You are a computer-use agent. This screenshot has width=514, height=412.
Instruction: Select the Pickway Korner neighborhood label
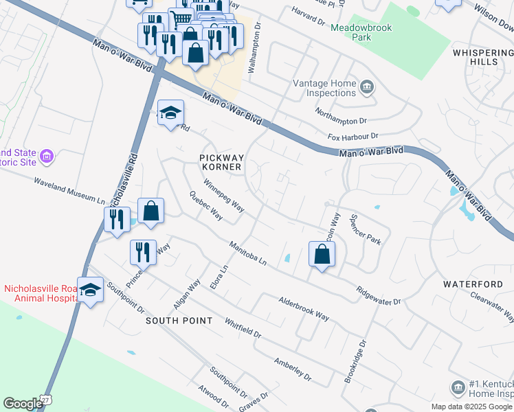[x=221, y=162]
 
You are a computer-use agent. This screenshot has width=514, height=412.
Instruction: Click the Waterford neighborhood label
[x=473, y=284]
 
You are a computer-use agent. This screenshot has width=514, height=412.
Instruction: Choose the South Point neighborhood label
[x=172, y=321]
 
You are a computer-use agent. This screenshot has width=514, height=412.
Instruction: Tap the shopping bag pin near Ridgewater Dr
[x=322, y=255]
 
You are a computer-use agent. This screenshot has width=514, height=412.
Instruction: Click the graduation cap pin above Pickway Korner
[x=170, y=114]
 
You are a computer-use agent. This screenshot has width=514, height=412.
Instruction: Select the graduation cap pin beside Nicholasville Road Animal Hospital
[x=90, y=290]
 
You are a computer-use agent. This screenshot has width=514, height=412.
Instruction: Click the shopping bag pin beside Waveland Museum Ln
[x=151, y=211]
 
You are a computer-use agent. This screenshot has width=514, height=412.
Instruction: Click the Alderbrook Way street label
[x=304, y=307]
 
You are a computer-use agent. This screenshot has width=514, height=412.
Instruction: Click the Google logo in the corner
[x=23, y=404]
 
